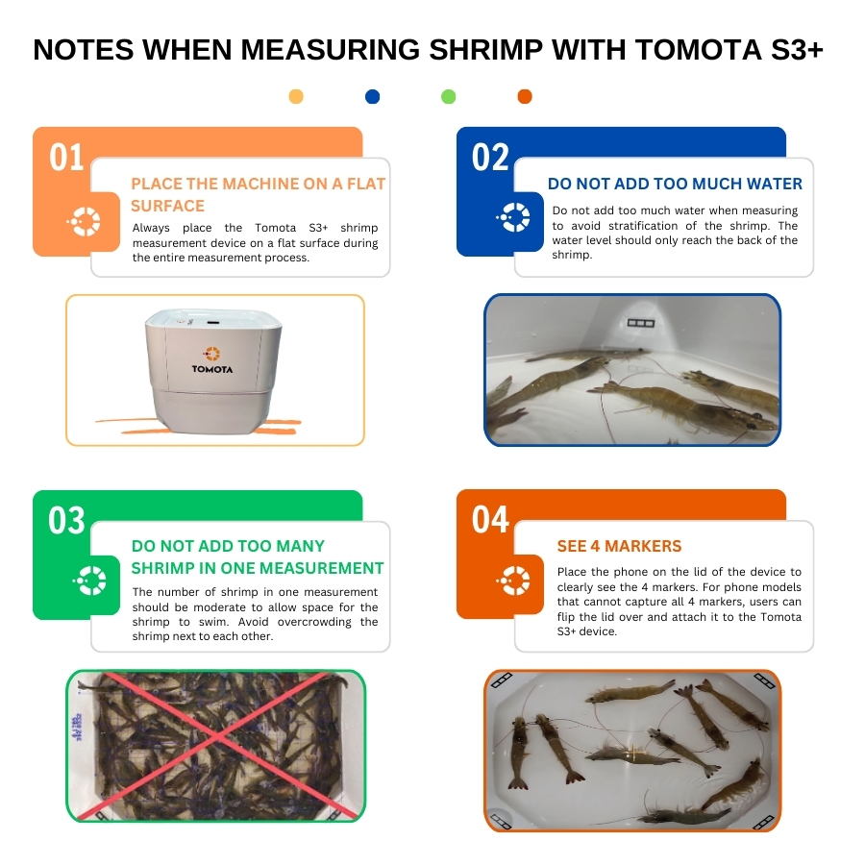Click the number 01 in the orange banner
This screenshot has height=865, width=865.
pyautogui.click(x=66, y=158)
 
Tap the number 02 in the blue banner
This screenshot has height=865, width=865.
pyautogui.click(x=490, y=158)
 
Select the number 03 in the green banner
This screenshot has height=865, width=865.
pyautogui.click(x=66, y=520)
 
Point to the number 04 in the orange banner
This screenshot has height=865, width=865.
pyautogui.click(x=490, y=520)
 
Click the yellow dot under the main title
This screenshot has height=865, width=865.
pyautogui.click(x=296, y=96)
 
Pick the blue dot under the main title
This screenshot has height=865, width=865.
pyautogui.click(x=372, y=96)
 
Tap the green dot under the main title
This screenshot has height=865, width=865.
pyautogui.click(x=449, y=96)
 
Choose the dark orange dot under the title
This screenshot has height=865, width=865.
pyautogui.click(x=525, y=96)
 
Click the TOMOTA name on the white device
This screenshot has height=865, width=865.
pyautogui.click(x=212, y=369)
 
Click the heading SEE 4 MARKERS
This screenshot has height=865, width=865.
pyautogui.click(x=619, y=546)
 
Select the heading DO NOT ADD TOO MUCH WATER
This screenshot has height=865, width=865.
pyautogui.click(x=675, y=184)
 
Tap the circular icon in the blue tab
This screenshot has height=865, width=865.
pyautogui.click(x=514, y=217)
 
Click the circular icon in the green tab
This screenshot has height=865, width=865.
pyautogui.click(x=90, y=581)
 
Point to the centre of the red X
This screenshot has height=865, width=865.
pyautogui.click(x=217, y=737)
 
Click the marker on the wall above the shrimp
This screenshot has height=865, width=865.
pyautogui.click(x=640, y=323)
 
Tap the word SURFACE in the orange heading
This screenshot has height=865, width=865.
pyautogui.click(x=167, y=206)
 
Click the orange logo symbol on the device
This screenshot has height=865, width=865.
pyautogui.click(x=211, y=354)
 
